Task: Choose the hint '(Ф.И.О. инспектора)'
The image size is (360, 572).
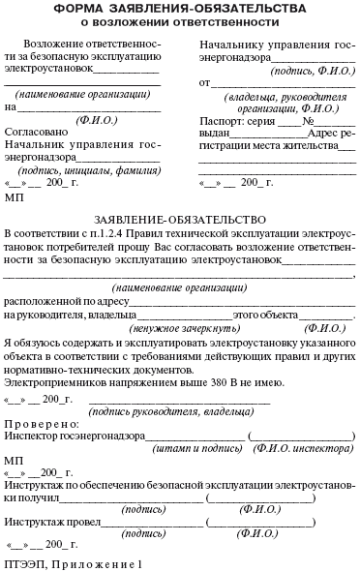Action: pyautogui.click(x=296, y=450)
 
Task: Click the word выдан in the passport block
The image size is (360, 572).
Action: pyautogui.click(x=216, y=135)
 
